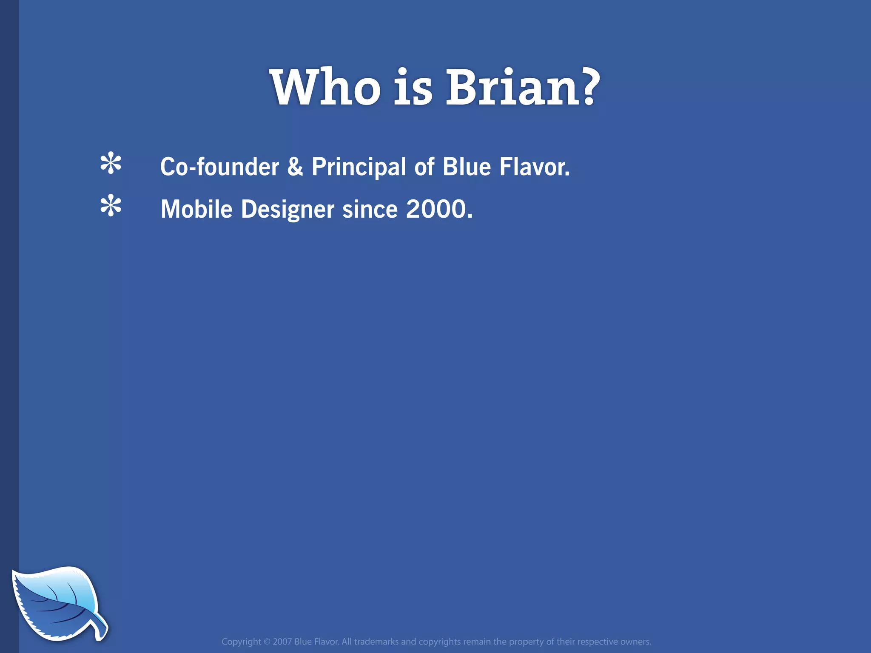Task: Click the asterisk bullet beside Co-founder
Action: tap(111, 164)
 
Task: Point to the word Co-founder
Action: tap(219, 167)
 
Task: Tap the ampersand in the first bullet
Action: tap(295, 167)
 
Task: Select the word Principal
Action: tap(359, 167)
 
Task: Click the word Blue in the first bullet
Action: tap(467, 167)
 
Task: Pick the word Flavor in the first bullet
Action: tap(533, 167)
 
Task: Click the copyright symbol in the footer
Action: tap(267, 642)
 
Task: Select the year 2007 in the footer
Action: tap(282, 642)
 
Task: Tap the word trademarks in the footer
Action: tap(376, 642)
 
